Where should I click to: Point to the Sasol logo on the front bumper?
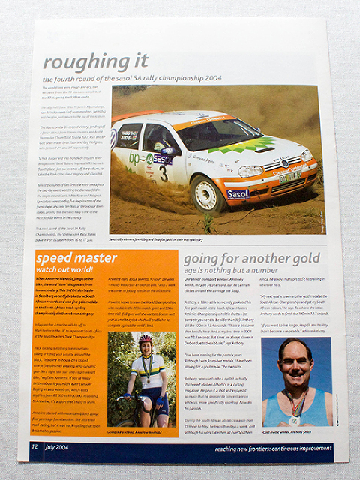(x=237, y=194)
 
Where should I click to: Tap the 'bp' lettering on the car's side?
(x=134, y=158)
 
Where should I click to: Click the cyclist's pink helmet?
(x=145, y=340)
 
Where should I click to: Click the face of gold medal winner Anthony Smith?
(x=294, y=361)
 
